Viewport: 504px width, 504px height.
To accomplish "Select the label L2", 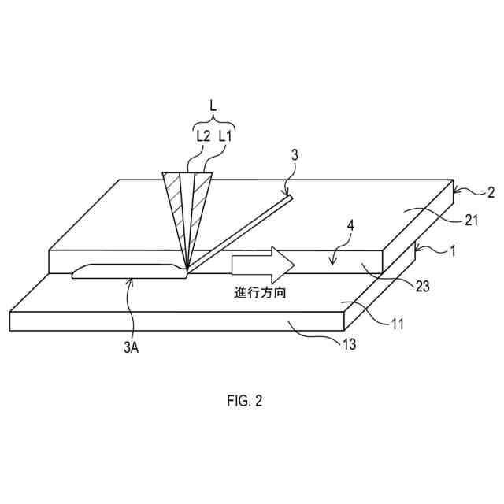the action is [202, 135].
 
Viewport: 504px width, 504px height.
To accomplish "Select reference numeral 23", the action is [421, 287].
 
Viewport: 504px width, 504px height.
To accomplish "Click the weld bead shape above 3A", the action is [126, 271].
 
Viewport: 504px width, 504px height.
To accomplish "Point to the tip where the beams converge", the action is [187, 270].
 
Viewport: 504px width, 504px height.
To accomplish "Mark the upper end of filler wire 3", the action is [290, 197].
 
